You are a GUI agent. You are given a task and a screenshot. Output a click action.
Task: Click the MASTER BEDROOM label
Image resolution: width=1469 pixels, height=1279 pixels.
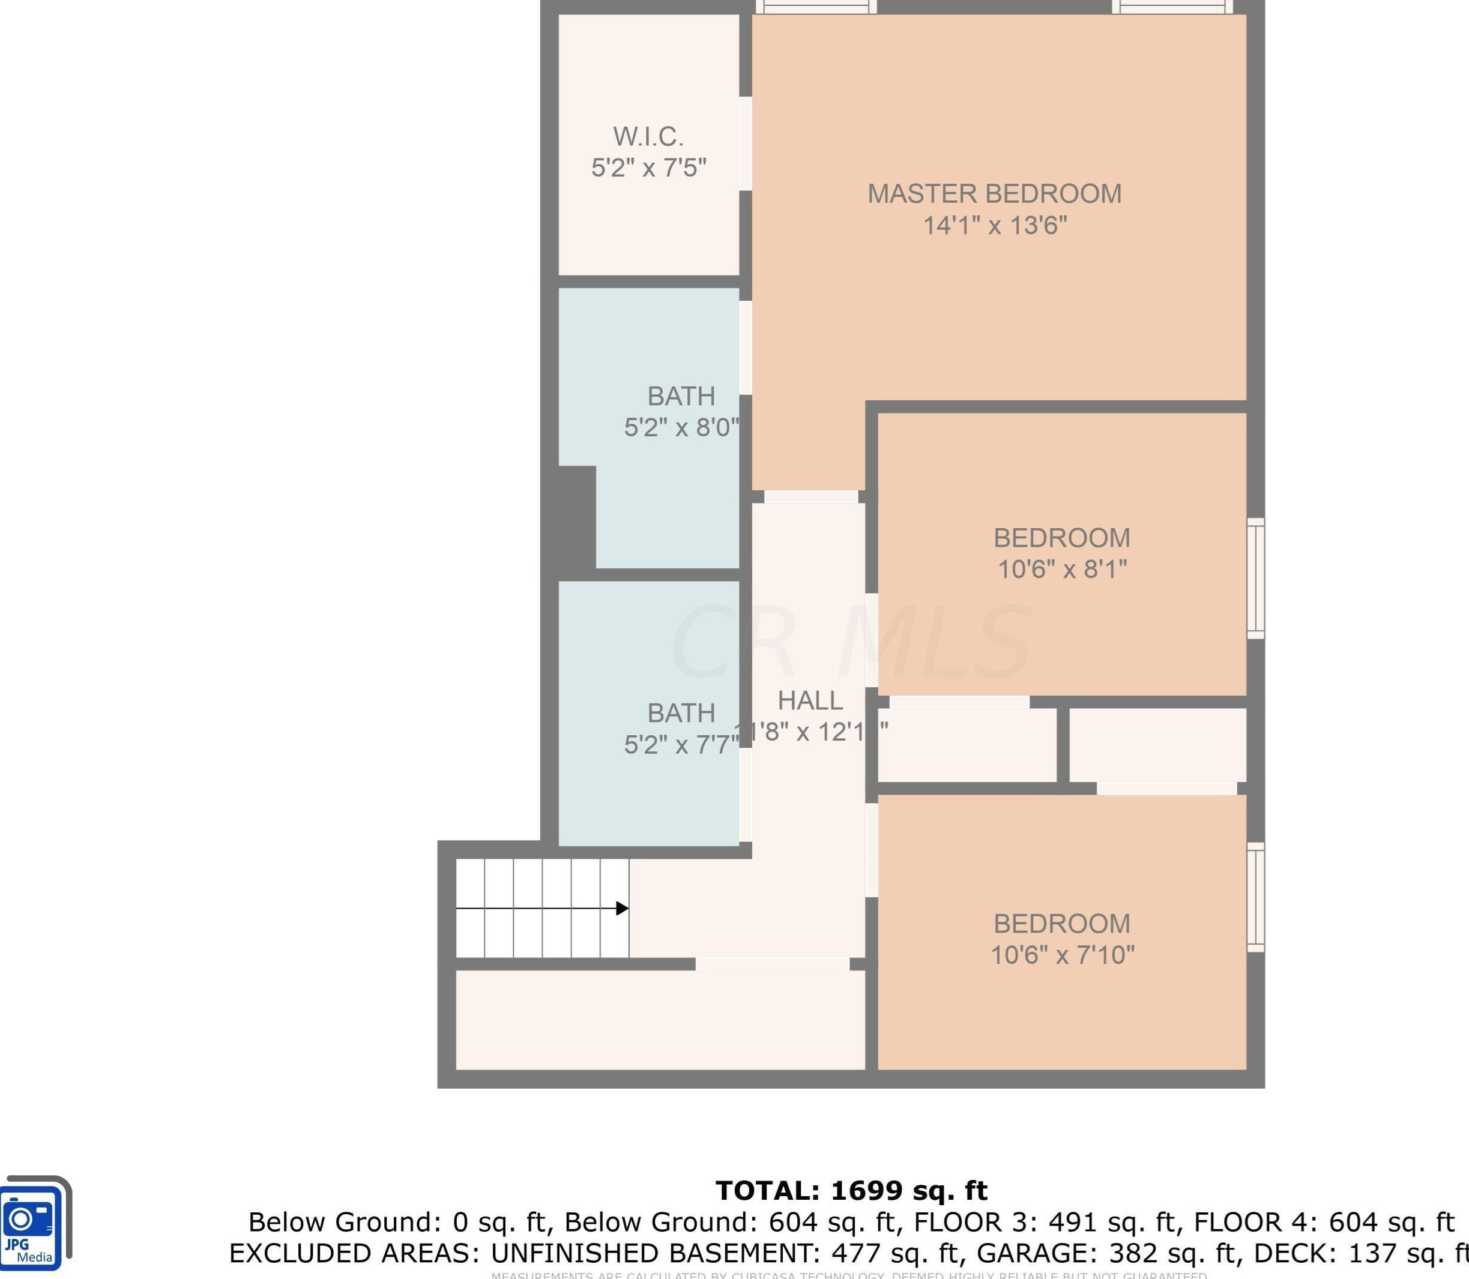(994, 194)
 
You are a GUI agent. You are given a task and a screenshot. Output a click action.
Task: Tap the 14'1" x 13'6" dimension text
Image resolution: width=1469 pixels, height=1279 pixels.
(994, 226)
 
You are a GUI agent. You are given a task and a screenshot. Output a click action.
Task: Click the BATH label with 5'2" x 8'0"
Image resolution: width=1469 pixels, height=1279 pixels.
(680, 396)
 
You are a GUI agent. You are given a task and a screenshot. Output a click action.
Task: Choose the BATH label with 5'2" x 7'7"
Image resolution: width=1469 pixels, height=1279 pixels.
(680, 713)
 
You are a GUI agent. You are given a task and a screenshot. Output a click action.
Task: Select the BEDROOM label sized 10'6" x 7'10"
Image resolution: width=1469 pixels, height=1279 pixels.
(1061, 924)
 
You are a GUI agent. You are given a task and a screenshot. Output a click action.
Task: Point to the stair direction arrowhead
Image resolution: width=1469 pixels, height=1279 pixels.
(623, 909)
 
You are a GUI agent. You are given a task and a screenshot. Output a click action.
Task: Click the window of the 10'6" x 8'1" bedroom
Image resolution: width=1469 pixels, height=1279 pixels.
(1255, 578)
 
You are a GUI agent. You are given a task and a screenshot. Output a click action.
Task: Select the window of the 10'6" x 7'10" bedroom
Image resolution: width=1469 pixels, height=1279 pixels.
(1255, 897)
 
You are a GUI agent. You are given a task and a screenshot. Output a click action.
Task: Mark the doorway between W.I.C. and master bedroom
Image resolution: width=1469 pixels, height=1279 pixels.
(745, 143)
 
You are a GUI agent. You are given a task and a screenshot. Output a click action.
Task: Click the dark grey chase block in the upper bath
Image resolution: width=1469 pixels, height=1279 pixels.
(576, 517)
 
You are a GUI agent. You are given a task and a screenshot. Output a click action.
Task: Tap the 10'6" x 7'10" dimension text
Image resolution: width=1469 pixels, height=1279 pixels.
(1062, 955)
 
